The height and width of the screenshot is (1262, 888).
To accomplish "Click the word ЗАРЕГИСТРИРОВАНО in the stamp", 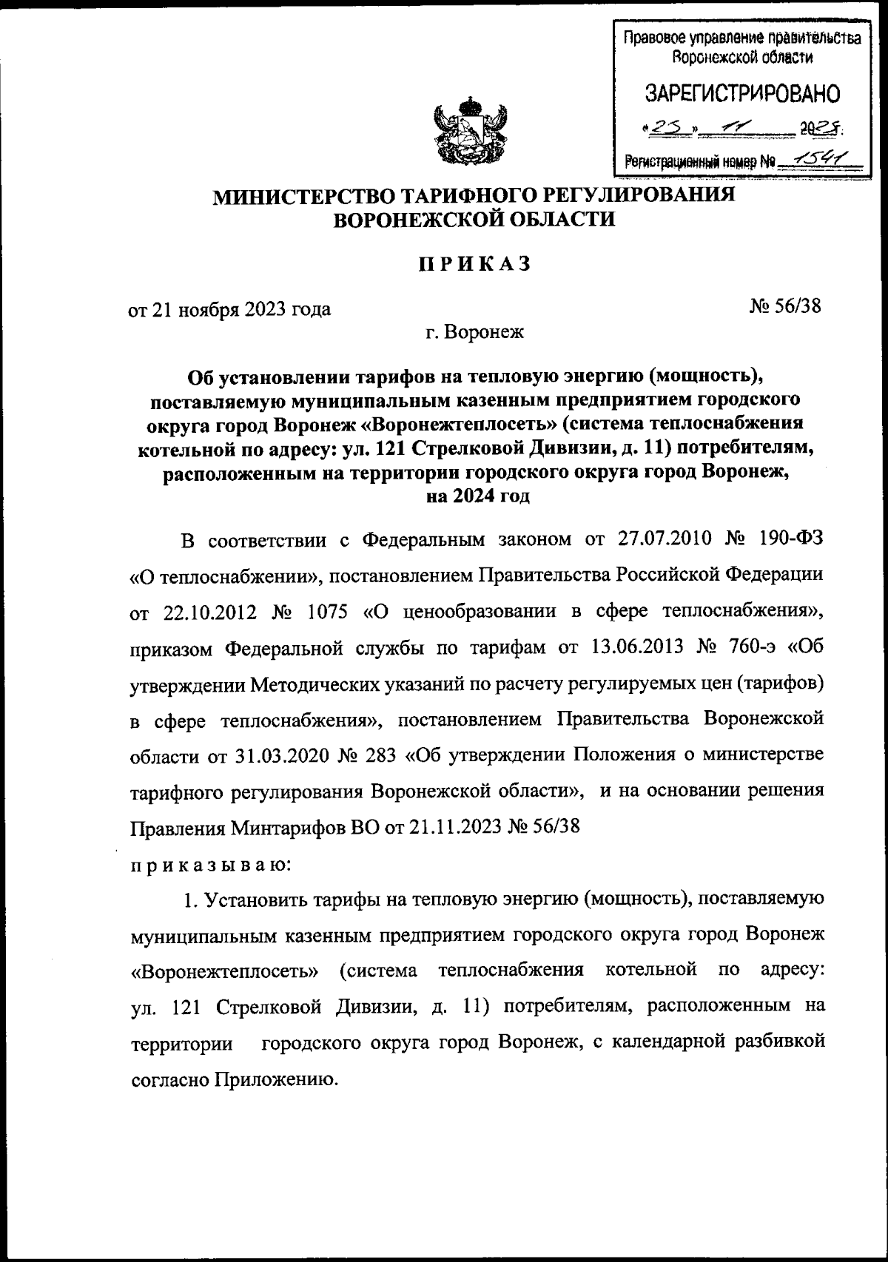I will point(742,94).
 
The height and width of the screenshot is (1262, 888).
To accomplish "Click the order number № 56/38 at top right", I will point(786,306).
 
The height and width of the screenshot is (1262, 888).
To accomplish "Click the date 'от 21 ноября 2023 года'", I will point(230,309).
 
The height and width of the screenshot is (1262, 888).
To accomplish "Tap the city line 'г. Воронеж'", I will point(474,332).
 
